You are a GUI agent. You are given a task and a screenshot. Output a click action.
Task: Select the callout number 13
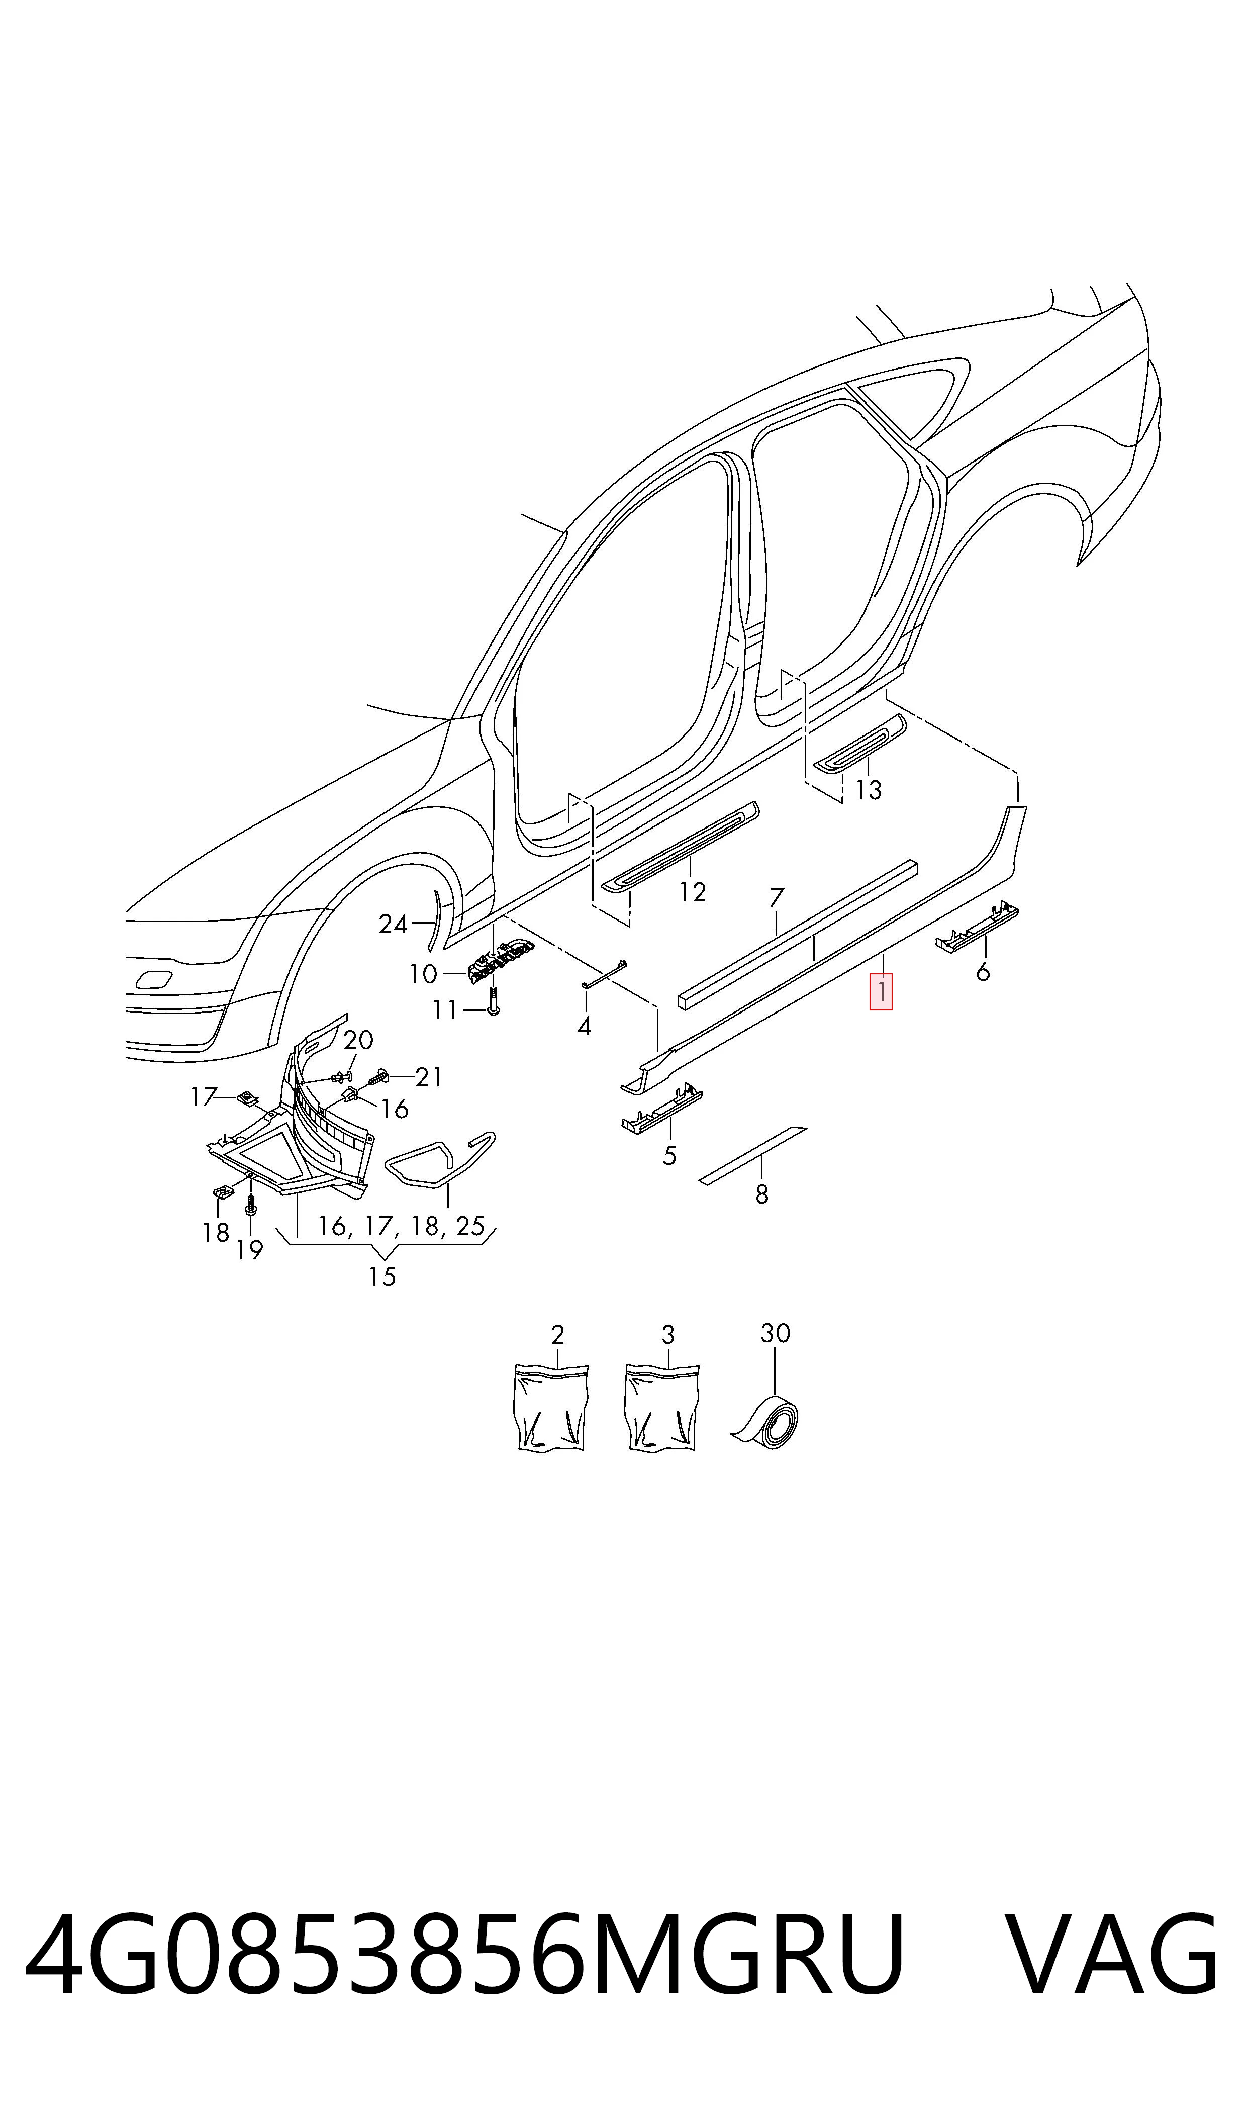(868, 790)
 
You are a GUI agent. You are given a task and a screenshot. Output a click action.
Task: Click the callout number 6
(982, 972)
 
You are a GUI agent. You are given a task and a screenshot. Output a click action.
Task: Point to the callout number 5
(669, 1156)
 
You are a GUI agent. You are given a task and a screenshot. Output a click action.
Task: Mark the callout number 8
(762, 1194)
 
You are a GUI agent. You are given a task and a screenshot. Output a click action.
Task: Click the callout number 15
(382, 1276)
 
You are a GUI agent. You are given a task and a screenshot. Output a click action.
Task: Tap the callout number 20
(358, 1040)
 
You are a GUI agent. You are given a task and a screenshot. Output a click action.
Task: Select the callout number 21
(429, 1077)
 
